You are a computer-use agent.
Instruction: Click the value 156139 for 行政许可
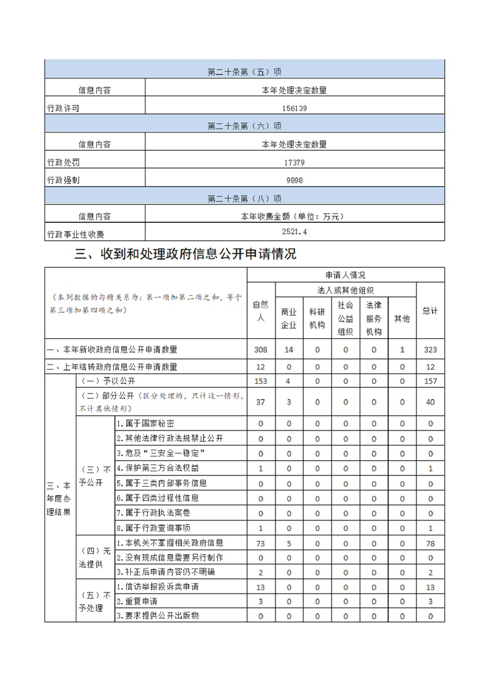pyautogui.click(x=294, y=108)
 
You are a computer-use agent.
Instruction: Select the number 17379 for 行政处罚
pyautogui.click(x=294, y=163)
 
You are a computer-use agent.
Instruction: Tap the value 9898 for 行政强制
pyautogui.click(x=294, y=180)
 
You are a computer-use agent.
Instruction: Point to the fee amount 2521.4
pyautogui.click(x=294, y=232)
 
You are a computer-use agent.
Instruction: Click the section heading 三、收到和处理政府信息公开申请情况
pyautogui.click(x=185, y=254)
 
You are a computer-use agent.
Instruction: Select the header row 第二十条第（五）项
pyautogui.click(x=245, y=72)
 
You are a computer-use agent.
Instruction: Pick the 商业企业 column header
pyautogui.click(x=289, y=318)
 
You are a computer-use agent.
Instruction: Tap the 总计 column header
pyautogui.click(x=430, y=311)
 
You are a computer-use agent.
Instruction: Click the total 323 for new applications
pyautogui.click(x=430, y=350)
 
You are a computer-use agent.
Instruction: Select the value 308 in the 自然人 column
pyautogui.click(x=261, y=350)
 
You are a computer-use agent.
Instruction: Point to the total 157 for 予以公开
pyautogui.click(x=430, y=381)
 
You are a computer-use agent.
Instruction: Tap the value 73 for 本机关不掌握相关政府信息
pyautogui.click(x=261, y=543)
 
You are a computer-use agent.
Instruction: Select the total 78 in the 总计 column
pyautogui.click(x=430, y=543)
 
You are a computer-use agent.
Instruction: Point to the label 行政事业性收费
pyautogui.click(x=76, y=235)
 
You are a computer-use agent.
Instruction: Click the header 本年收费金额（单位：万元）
pyautogui.click(x=294, y=216)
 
